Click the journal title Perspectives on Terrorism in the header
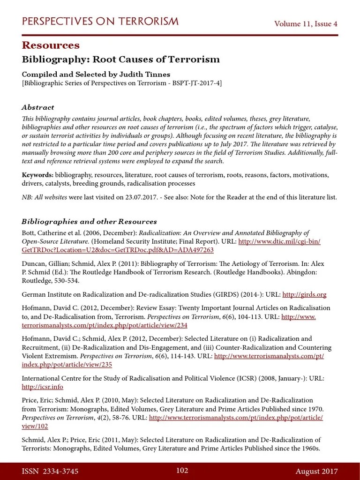point(100,22)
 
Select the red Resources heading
point(51,45)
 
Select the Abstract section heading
point(38,107)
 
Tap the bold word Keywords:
point(37,175)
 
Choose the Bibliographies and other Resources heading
point(89,221)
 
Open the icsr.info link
point(42,387)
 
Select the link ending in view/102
point(35,426)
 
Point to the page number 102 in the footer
point(182,471)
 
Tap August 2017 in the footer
point(316,471)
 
